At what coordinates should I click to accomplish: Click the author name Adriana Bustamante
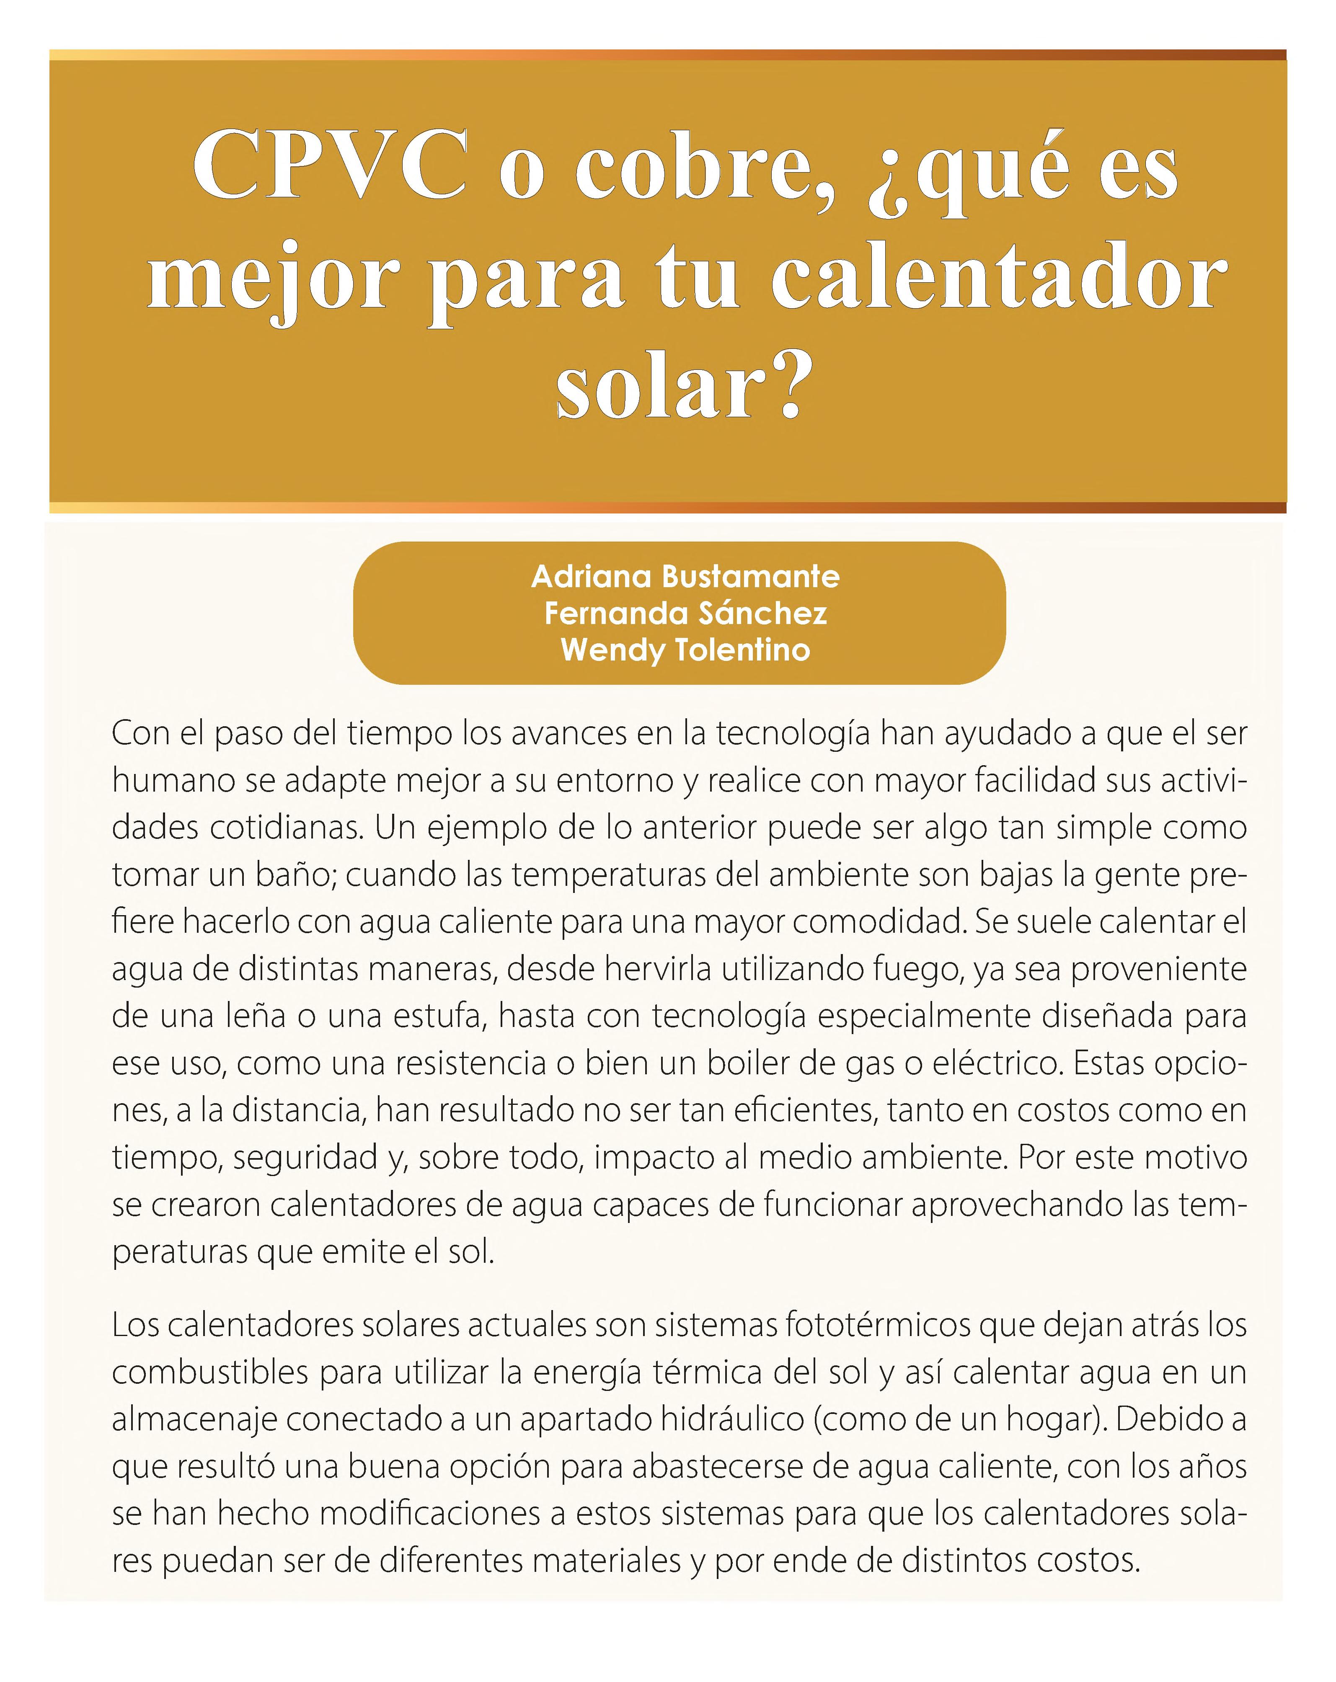pos(685,577)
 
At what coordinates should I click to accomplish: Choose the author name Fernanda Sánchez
pos(685,613)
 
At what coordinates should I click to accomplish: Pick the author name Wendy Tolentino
pos(685,649)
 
